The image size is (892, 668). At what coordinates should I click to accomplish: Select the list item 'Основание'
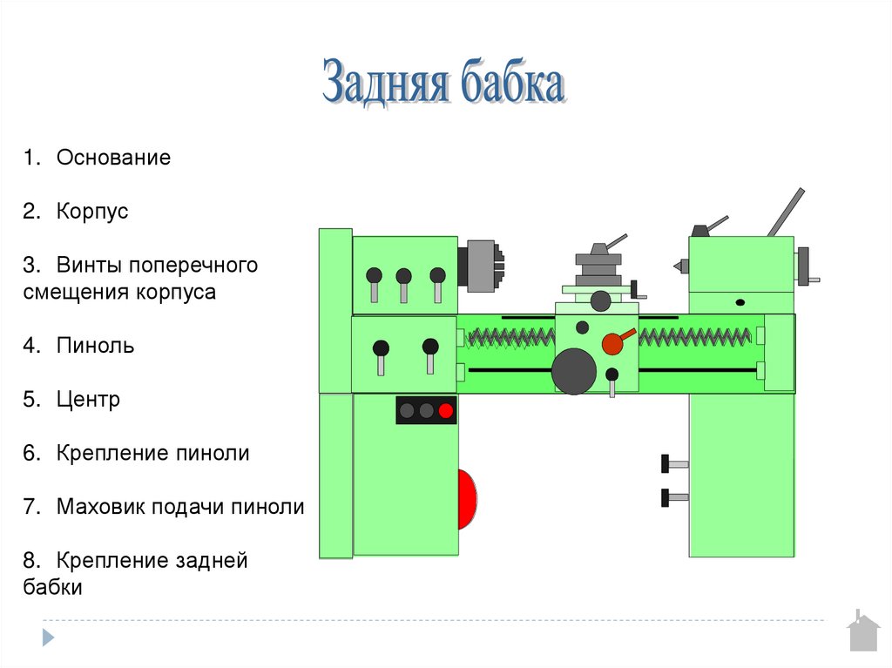coord(113,159)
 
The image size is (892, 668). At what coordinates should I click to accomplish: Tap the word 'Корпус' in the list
coord(92,212)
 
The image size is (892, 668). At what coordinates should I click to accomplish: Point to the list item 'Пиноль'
coord(95,346)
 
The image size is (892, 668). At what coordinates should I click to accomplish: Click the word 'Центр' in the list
coord(88,400)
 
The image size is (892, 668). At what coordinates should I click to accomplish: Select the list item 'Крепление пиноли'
coord(153,453)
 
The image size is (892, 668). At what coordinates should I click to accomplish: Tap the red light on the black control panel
coord(446,410)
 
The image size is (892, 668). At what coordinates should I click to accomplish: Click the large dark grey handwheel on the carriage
coord(574,370)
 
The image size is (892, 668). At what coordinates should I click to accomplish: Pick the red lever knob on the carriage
coord(613,343)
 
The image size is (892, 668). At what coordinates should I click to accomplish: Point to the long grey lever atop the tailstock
coord(786,212)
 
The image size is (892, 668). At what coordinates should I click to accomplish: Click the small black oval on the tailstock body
coord(740,302)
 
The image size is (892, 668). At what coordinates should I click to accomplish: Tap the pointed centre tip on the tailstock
coord(675,262)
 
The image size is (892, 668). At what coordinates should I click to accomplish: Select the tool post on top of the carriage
coord(598,261)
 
